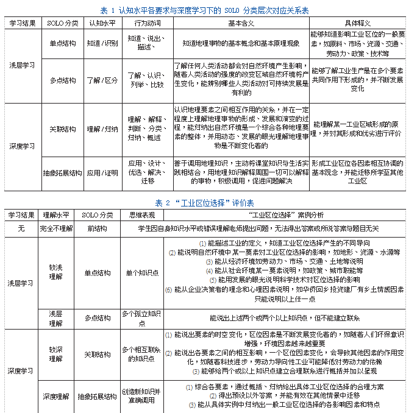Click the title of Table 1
click(204, 9)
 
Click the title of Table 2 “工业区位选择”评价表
click(204, 202)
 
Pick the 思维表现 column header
click(141, 215)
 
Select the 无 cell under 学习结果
click(21, 228)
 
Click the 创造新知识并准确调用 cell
click(141, 397)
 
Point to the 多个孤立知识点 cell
click(141, 318)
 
